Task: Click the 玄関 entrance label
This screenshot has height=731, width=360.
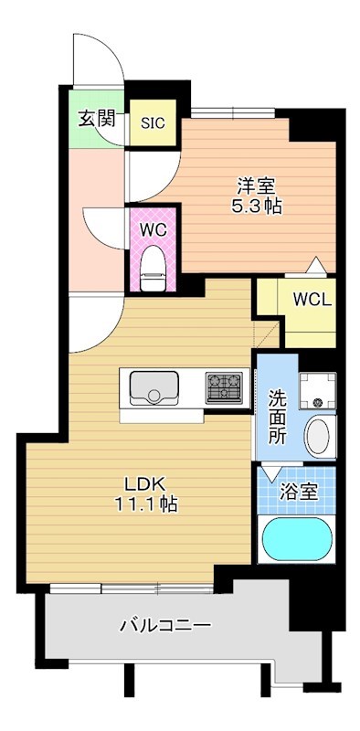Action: [x=95, y=118]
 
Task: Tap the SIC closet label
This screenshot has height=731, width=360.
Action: [x=152, y=123]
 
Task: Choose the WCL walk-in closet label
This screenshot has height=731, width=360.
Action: [x=312, y=299]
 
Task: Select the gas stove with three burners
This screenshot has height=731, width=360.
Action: [x=225, y=388]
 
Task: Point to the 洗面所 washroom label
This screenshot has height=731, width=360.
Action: [x=277, y=418]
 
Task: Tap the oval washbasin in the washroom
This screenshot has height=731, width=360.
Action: [x=318, y=436]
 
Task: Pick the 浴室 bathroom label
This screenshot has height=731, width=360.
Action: [x=299, y=491]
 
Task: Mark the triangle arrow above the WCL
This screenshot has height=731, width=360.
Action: [x=314, y=265]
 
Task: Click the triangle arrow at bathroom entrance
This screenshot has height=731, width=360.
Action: [x=271, y=474]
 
